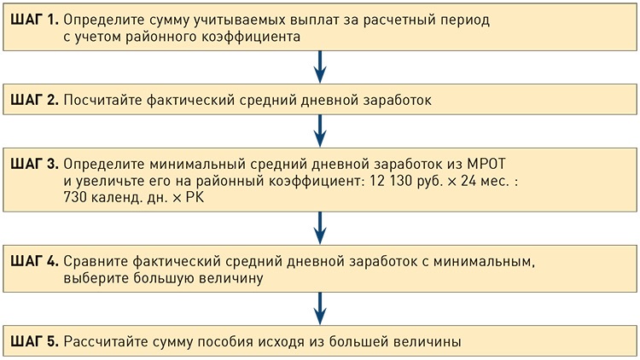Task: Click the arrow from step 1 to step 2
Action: pos(319,67)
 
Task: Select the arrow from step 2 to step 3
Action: pos(319,131)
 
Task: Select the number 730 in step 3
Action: pos(76,197)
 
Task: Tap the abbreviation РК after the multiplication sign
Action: pos(196,197)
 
